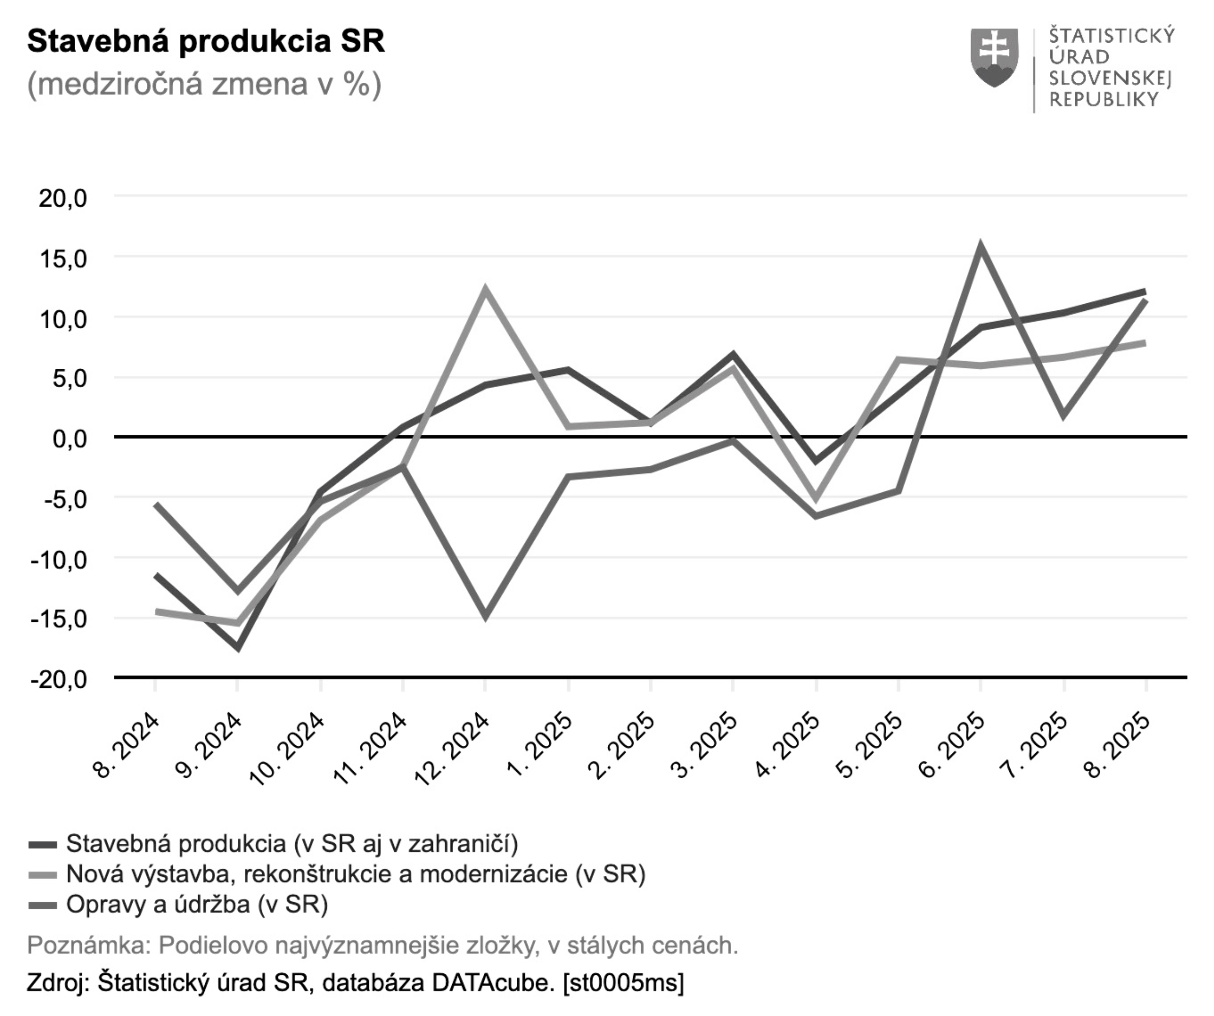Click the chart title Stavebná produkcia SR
pyautogui.click(x=206, y=42)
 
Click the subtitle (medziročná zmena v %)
pyautogui.click(x=204, y=84)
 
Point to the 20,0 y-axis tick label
pyautogui.click(x=63, y=199)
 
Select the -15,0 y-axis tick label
pyautogui.click(x=58, y=619)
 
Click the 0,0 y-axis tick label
pyautogui.click(x=70, y=438)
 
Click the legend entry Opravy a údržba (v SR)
pyautogui.click(x=197, y=904)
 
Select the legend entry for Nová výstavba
pyautogui.click(x=355, y=874)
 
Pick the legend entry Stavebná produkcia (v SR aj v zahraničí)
pyautogui.click(x=292, y=844)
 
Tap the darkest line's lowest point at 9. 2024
pyautogui.click(x=238, y=647)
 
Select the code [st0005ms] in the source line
pyautogui.click(x=623, y=982)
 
